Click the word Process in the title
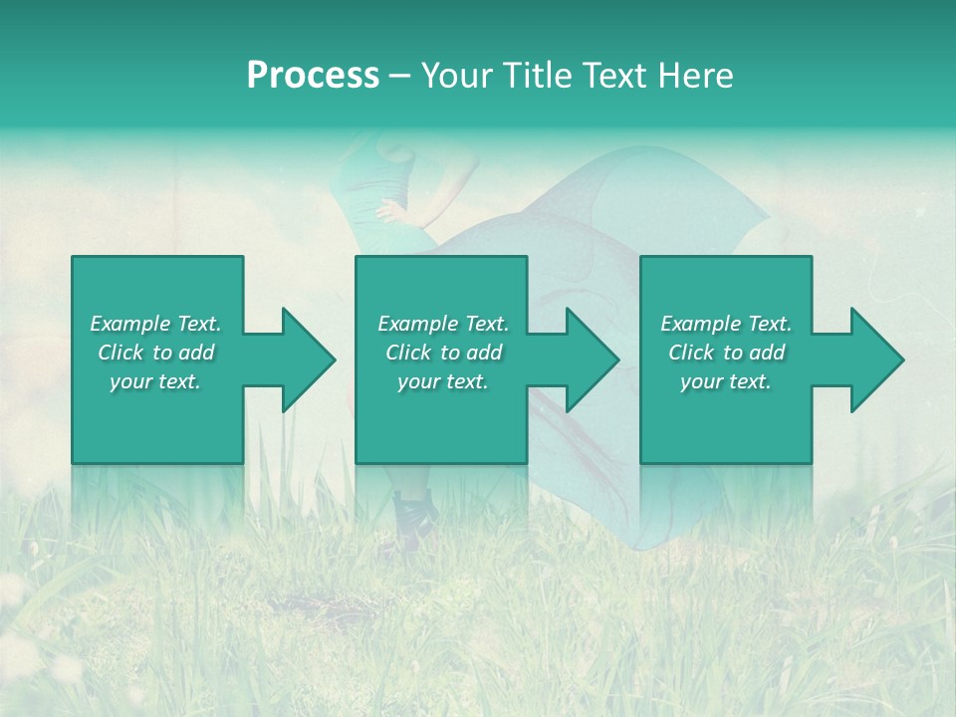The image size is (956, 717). [x=313, y=76]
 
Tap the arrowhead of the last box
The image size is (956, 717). [x=875, y=359]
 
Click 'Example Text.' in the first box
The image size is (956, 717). [x=155, y=324]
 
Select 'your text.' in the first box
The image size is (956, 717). [x=155, y=381]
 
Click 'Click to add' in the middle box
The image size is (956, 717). [x=443, y=353]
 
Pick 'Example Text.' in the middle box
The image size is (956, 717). [x=443, y=324]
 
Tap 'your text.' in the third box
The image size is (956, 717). [x=726, y=381]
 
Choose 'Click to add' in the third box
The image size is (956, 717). [x=726, y=353]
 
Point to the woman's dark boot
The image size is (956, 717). [x=413, y=513]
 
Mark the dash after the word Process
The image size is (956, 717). [x=400, y=77]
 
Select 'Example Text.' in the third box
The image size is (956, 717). [x=726, y=324]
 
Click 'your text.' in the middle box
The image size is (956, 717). [x=443, y=381]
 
